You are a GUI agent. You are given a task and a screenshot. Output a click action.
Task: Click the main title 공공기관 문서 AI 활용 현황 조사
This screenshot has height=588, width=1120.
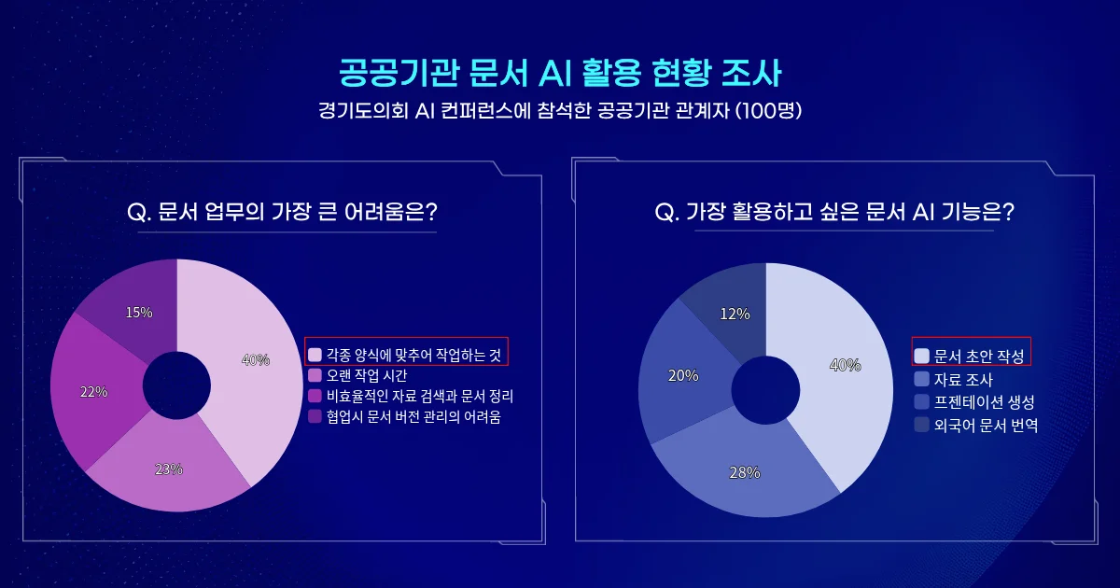click(560, 72)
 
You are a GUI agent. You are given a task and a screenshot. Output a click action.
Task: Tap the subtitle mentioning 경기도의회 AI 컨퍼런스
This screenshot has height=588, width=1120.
click(560, 111)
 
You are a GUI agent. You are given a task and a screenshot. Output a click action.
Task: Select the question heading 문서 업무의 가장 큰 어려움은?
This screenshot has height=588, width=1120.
click(282, 212)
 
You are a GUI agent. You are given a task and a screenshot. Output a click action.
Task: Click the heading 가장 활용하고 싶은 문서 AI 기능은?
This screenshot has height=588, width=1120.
click(834, 212)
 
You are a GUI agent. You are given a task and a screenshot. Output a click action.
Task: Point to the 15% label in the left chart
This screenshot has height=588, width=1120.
click(139, 313)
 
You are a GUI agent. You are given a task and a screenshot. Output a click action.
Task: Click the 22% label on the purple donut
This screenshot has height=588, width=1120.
click(93, 392)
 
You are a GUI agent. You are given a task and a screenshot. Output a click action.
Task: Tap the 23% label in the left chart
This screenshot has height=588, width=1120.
click(169, 469)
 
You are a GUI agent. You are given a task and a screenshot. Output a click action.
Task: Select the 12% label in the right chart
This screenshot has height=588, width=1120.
click(735, 315)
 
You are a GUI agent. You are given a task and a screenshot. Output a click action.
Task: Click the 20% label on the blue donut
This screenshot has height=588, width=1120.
click(682, 375)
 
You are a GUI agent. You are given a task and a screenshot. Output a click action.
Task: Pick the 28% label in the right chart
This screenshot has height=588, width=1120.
click(744, 473)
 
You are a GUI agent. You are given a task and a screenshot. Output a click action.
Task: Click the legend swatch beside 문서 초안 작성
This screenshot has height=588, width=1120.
click(922, 356)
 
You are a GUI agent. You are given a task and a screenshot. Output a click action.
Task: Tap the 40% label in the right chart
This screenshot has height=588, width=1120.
click(845, 365)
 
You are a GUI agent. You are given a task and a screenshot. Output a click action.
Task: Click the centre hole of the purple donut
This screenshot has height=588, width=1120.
click(177, 385)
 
